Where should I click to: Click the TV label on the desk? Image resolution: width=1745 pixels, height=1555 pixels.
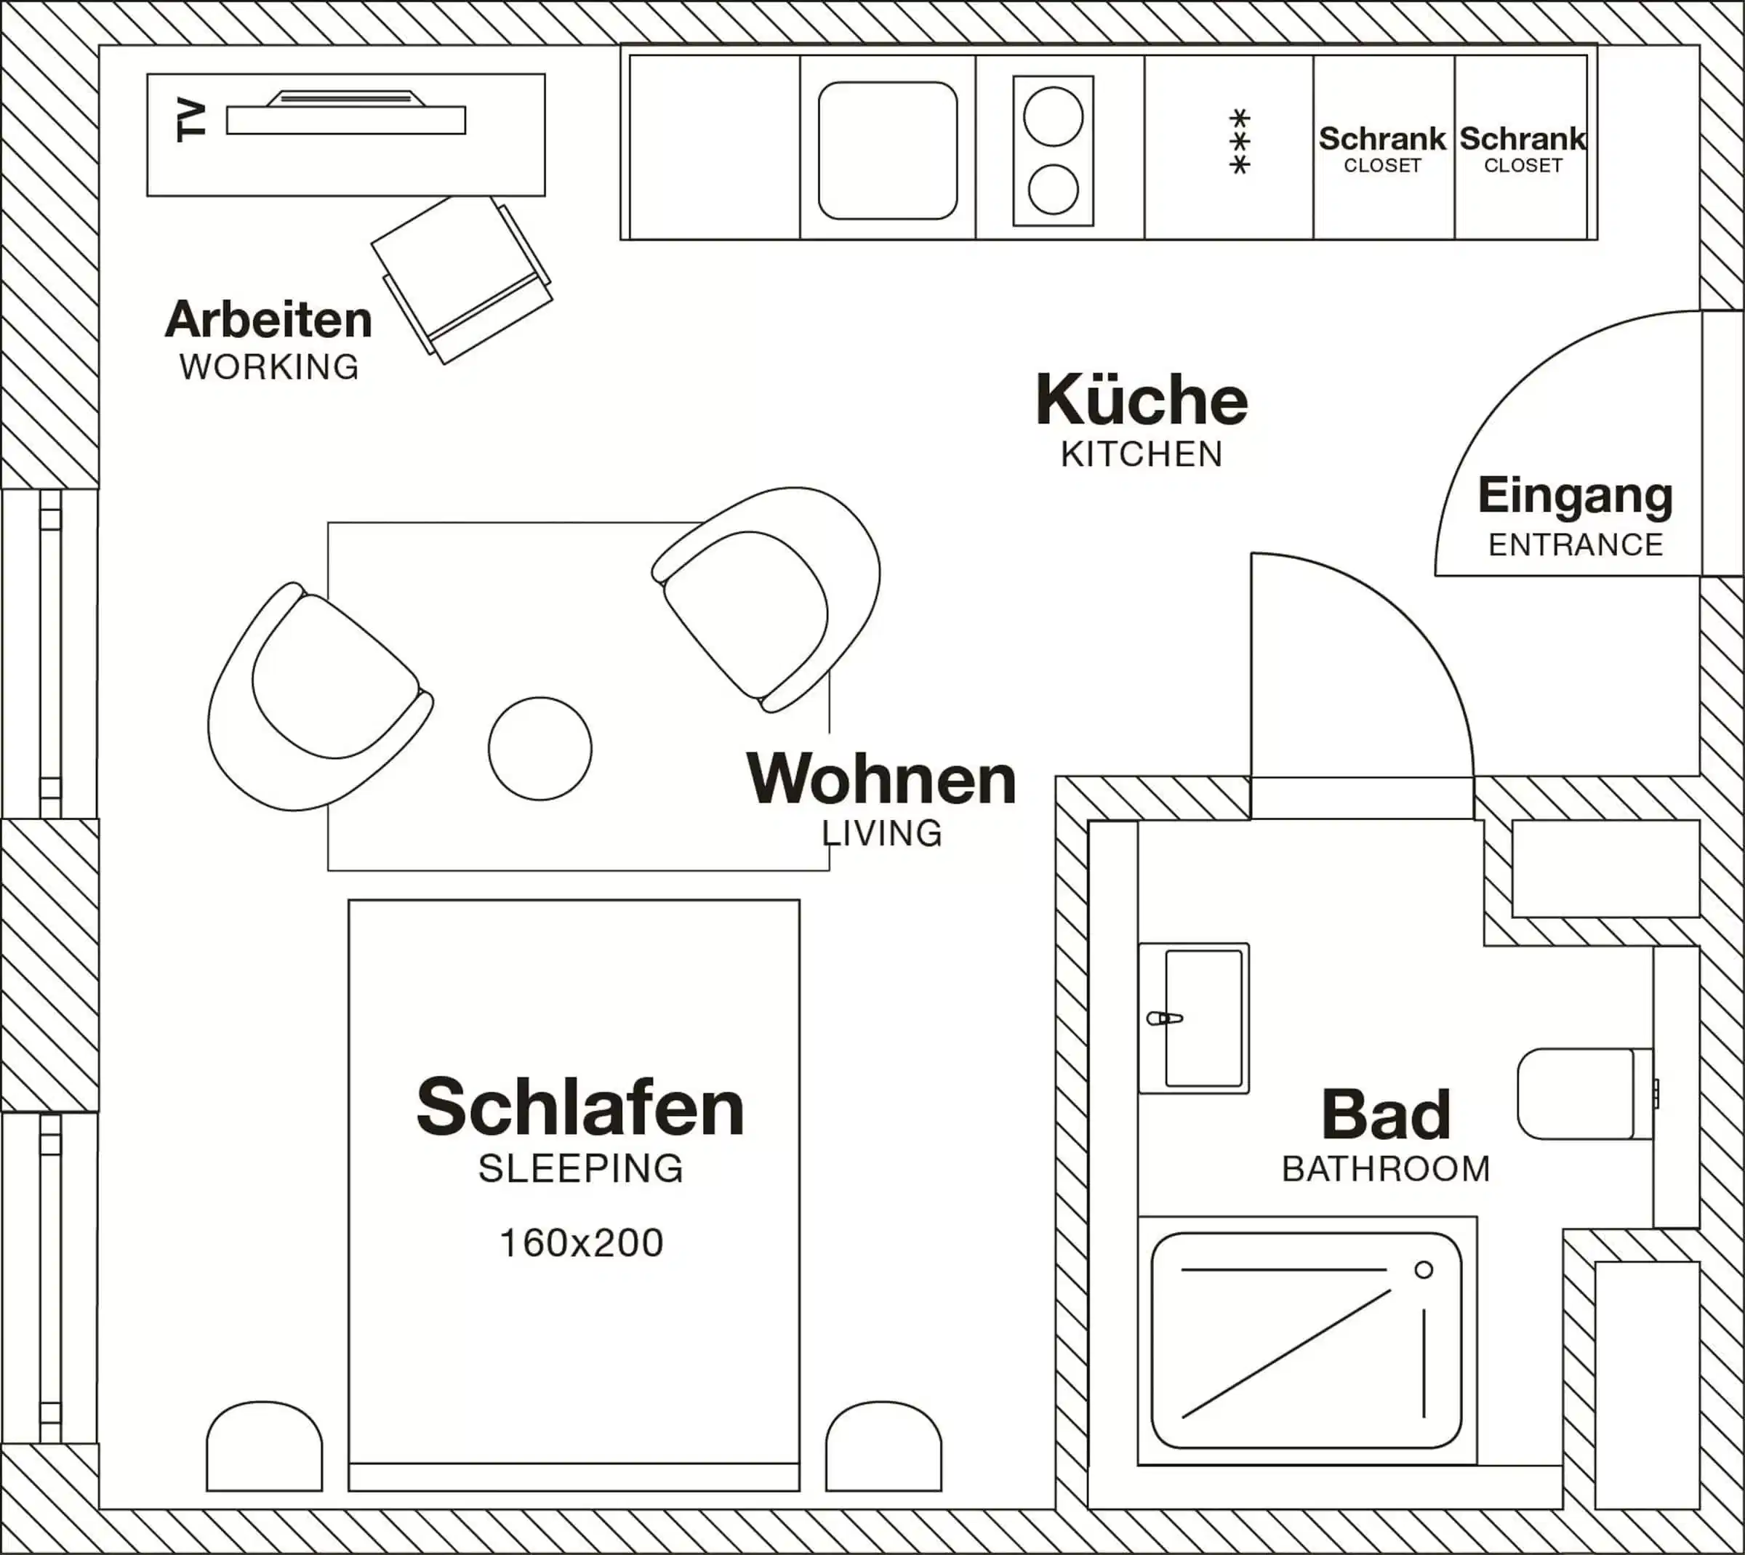tap(190, 121)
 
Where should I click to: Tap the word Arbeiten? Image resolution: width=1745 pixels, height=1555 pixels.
tap(268, 321)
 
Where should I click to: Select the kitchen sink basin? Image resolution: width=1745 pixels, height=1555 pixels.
tap(887, 150)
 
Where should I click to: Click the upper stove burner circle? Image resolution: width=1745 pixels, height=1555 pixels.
tap(1053, 116)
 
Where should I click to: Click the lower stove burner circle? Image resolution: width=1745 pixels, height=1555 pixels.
tap(1053, 189)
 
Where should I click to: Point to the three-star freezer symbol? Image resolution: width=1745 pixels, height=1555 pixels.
tap(1239, 142)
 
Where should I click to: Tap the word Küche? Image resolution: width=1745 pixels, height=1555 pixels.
tap(1142, 400)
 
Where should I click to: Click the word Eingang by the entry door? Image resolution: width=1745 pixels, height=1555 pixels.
tap(1575, 496)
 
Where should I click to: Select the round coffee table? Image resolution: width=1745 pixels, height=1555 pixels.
tap(540, 749)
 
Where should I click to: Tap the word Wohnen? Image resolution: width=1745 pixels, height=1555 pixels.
tap(881, 779)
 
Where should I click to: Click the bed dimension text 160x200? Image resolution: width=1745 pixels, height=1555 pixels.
tap(581, 1243)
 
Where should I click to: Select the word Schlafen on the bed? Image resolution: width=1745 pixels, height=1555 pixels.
tap(580, 1107)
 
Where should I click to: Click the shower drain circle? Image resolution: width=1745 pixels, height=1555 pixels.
tap(1424, 1269)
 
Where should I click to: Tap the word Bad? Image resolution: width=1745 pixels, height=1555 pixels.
tap(1385, 1114)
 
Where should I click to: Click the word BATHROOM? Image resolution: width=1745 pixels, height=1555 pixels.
tap(1385, 1169)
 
